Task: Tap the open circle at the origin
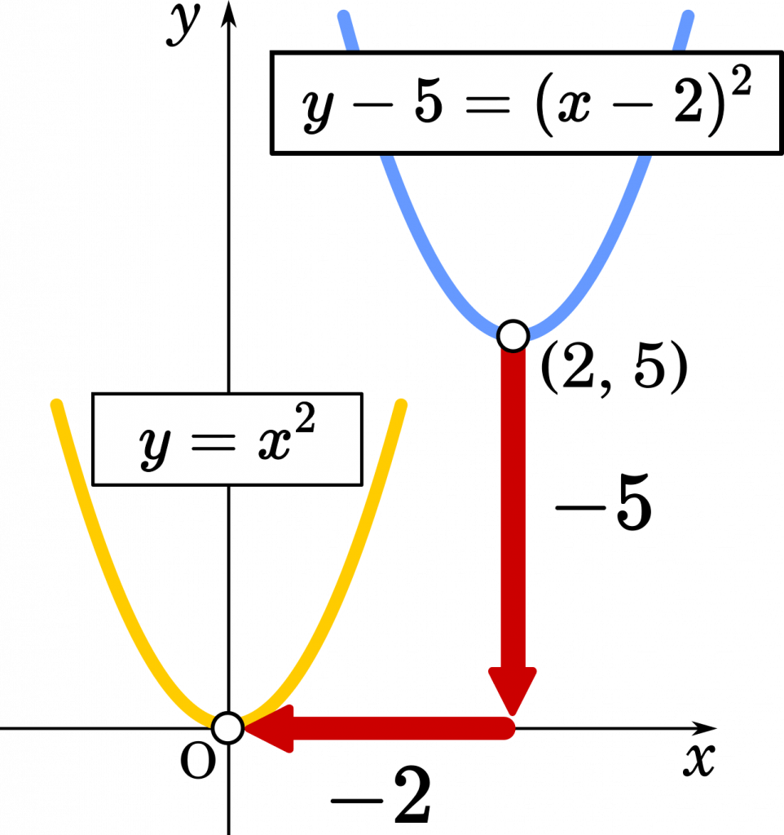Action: (x=228, y=727)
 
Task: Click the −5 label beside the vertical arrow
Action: (x=604, y=502)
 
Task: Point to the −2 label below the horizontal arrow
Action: (x=381, y=794)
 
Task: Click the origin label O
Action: (x=198, y=761)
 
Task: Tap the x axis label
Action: (x=699, y=759)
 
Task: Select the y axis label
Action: (x=183, y=24)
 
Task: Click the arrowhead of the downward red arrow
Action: (x=513, y=691)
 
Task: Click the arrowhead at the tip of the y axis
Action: (x=229, y=13)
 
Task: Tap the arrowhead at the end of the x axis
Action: (x=704, y=727)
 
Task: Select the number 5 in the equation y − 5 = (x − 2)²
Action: (x=429, y=104)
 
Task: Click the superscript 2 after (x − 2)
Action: (x=741, y=81)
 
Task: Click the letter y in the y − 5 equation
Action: (x=319, y=109)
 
